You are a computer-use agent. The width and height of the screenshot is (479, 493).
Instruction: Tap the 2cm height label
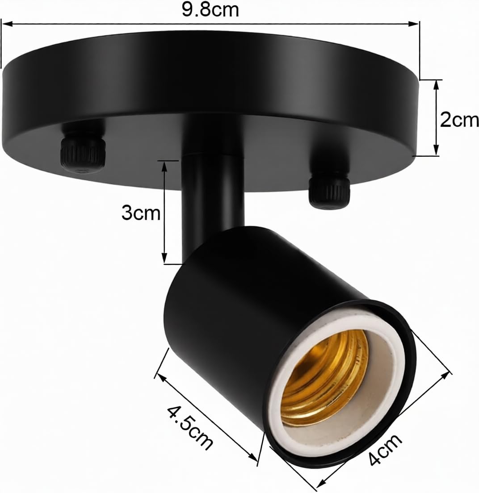pos(459,120)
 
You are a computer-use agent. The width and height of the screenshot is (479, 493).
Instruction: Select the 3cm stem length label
pos(141,213)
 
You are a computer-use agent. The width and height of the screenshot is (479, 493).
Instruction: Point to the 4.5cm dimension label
pos(190,428)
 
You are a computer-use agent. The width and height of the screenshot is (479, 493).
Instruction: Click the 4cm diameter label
pos(385,450)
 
